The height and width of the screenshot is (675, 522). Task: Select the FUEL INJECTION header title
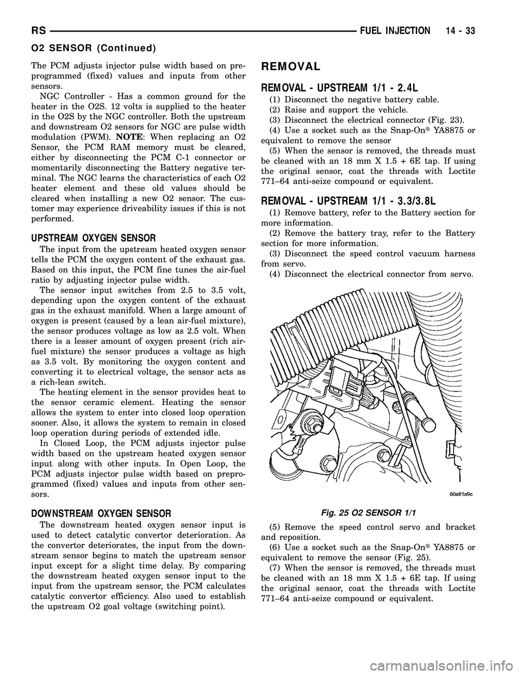397,32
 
